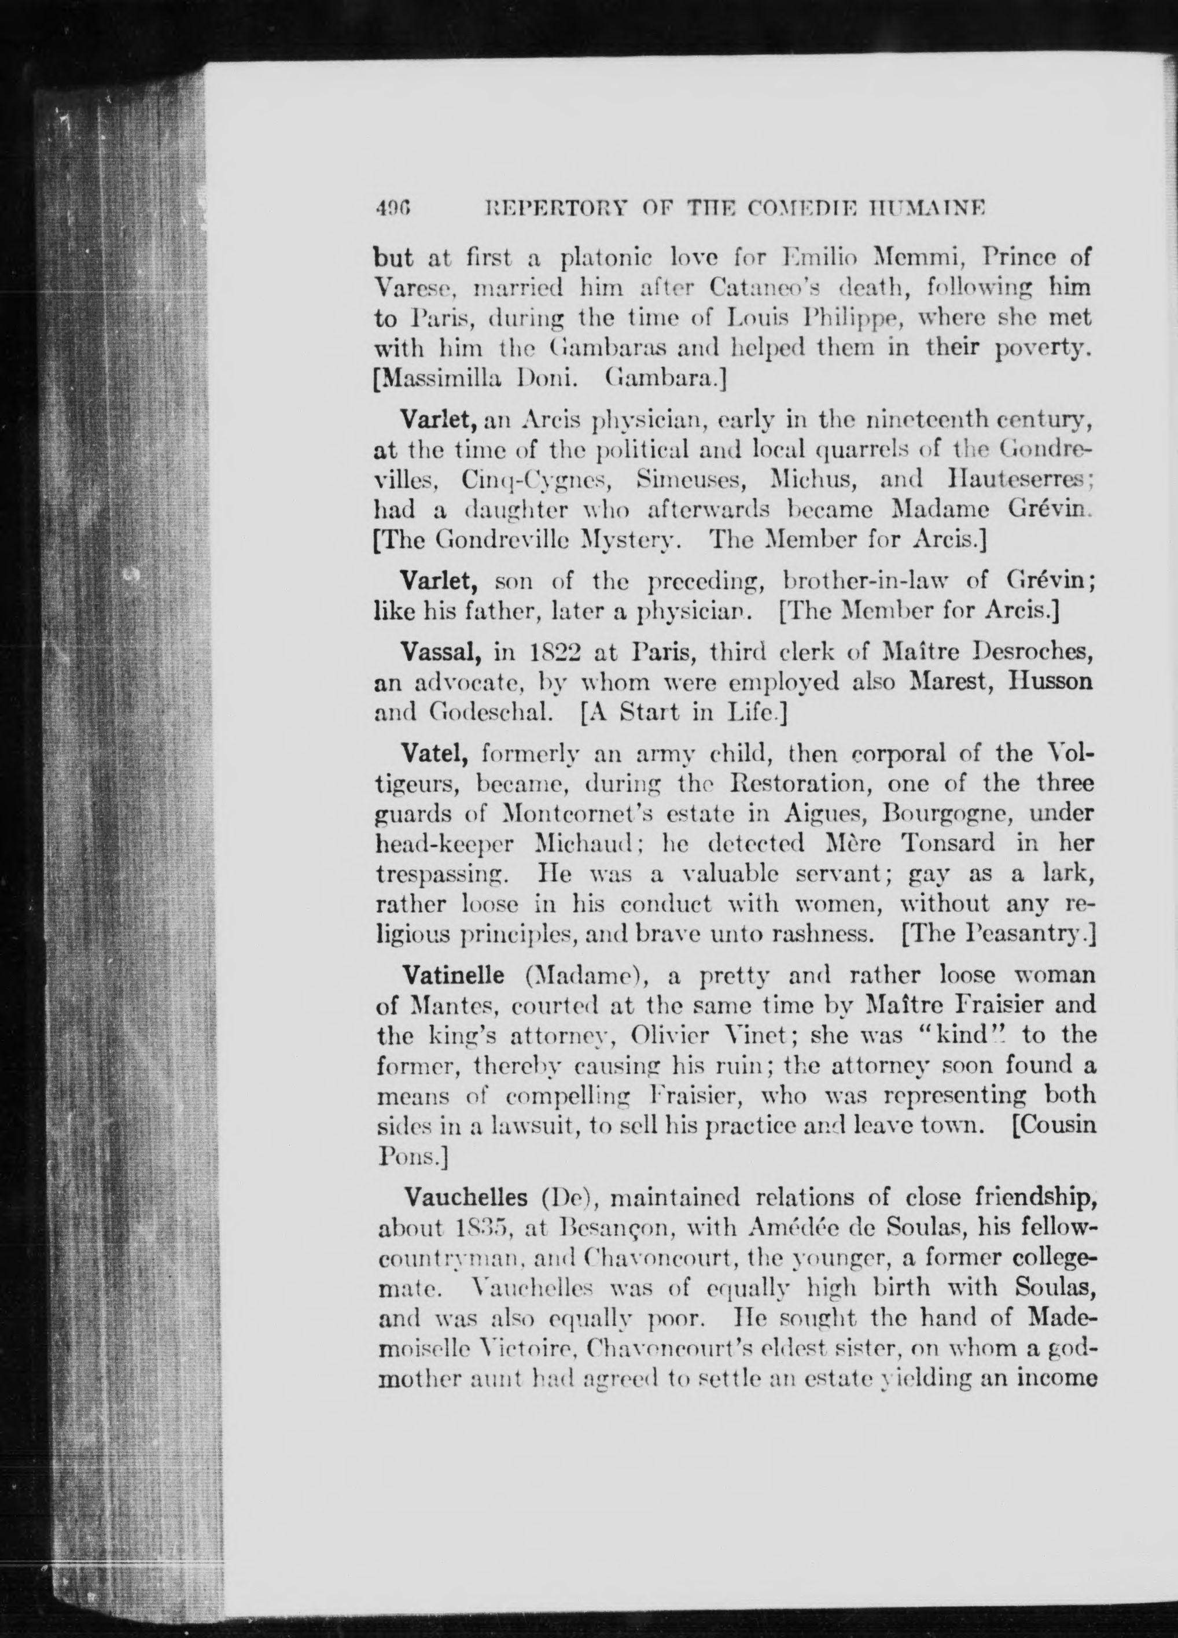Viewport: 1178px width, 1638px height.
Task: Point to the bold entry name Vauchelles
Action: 465,1197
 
